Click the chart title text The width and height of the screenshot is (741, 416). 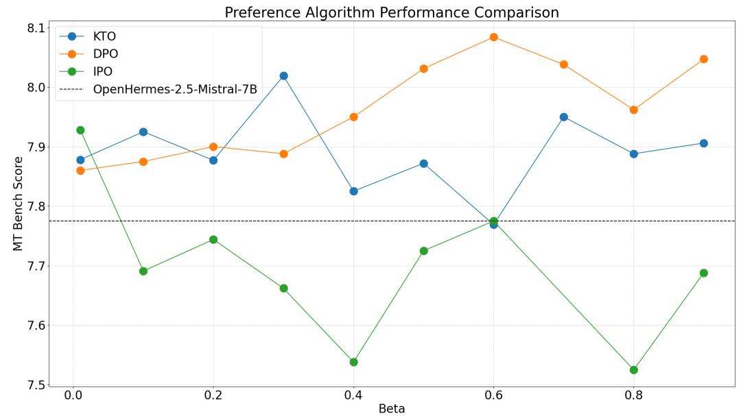392,12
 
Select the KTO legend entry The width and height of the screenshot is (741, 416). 104,37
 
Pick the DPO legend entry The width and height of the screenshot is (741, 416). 105,54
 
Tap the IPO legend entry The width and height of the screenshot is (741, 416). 104,71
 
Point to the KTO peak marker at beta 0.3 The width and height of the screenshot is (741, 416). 283,76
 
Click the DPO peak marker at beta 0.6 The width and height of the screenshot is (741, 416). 493,37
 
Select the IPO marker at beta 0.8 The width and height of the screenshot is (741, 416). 633,370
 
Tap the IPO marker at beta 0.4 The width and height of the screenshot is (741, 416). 353,362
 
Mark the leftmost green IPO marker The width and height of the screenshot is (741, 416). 80,130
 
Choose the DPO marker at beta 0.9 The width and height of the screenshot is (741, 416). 703,59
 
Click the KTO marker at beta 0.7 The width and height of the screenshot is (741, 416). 563,117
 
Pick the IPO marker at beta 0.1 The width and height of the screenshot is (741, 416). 143,271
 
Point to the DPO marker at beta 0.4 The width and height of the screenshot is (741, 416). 353,117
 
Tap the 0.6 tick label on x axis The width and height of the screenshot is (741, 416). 493,396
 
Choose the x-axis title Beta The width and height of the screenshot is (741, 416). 392,409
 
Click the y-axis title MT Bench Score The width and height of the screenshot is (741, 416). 19,204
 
